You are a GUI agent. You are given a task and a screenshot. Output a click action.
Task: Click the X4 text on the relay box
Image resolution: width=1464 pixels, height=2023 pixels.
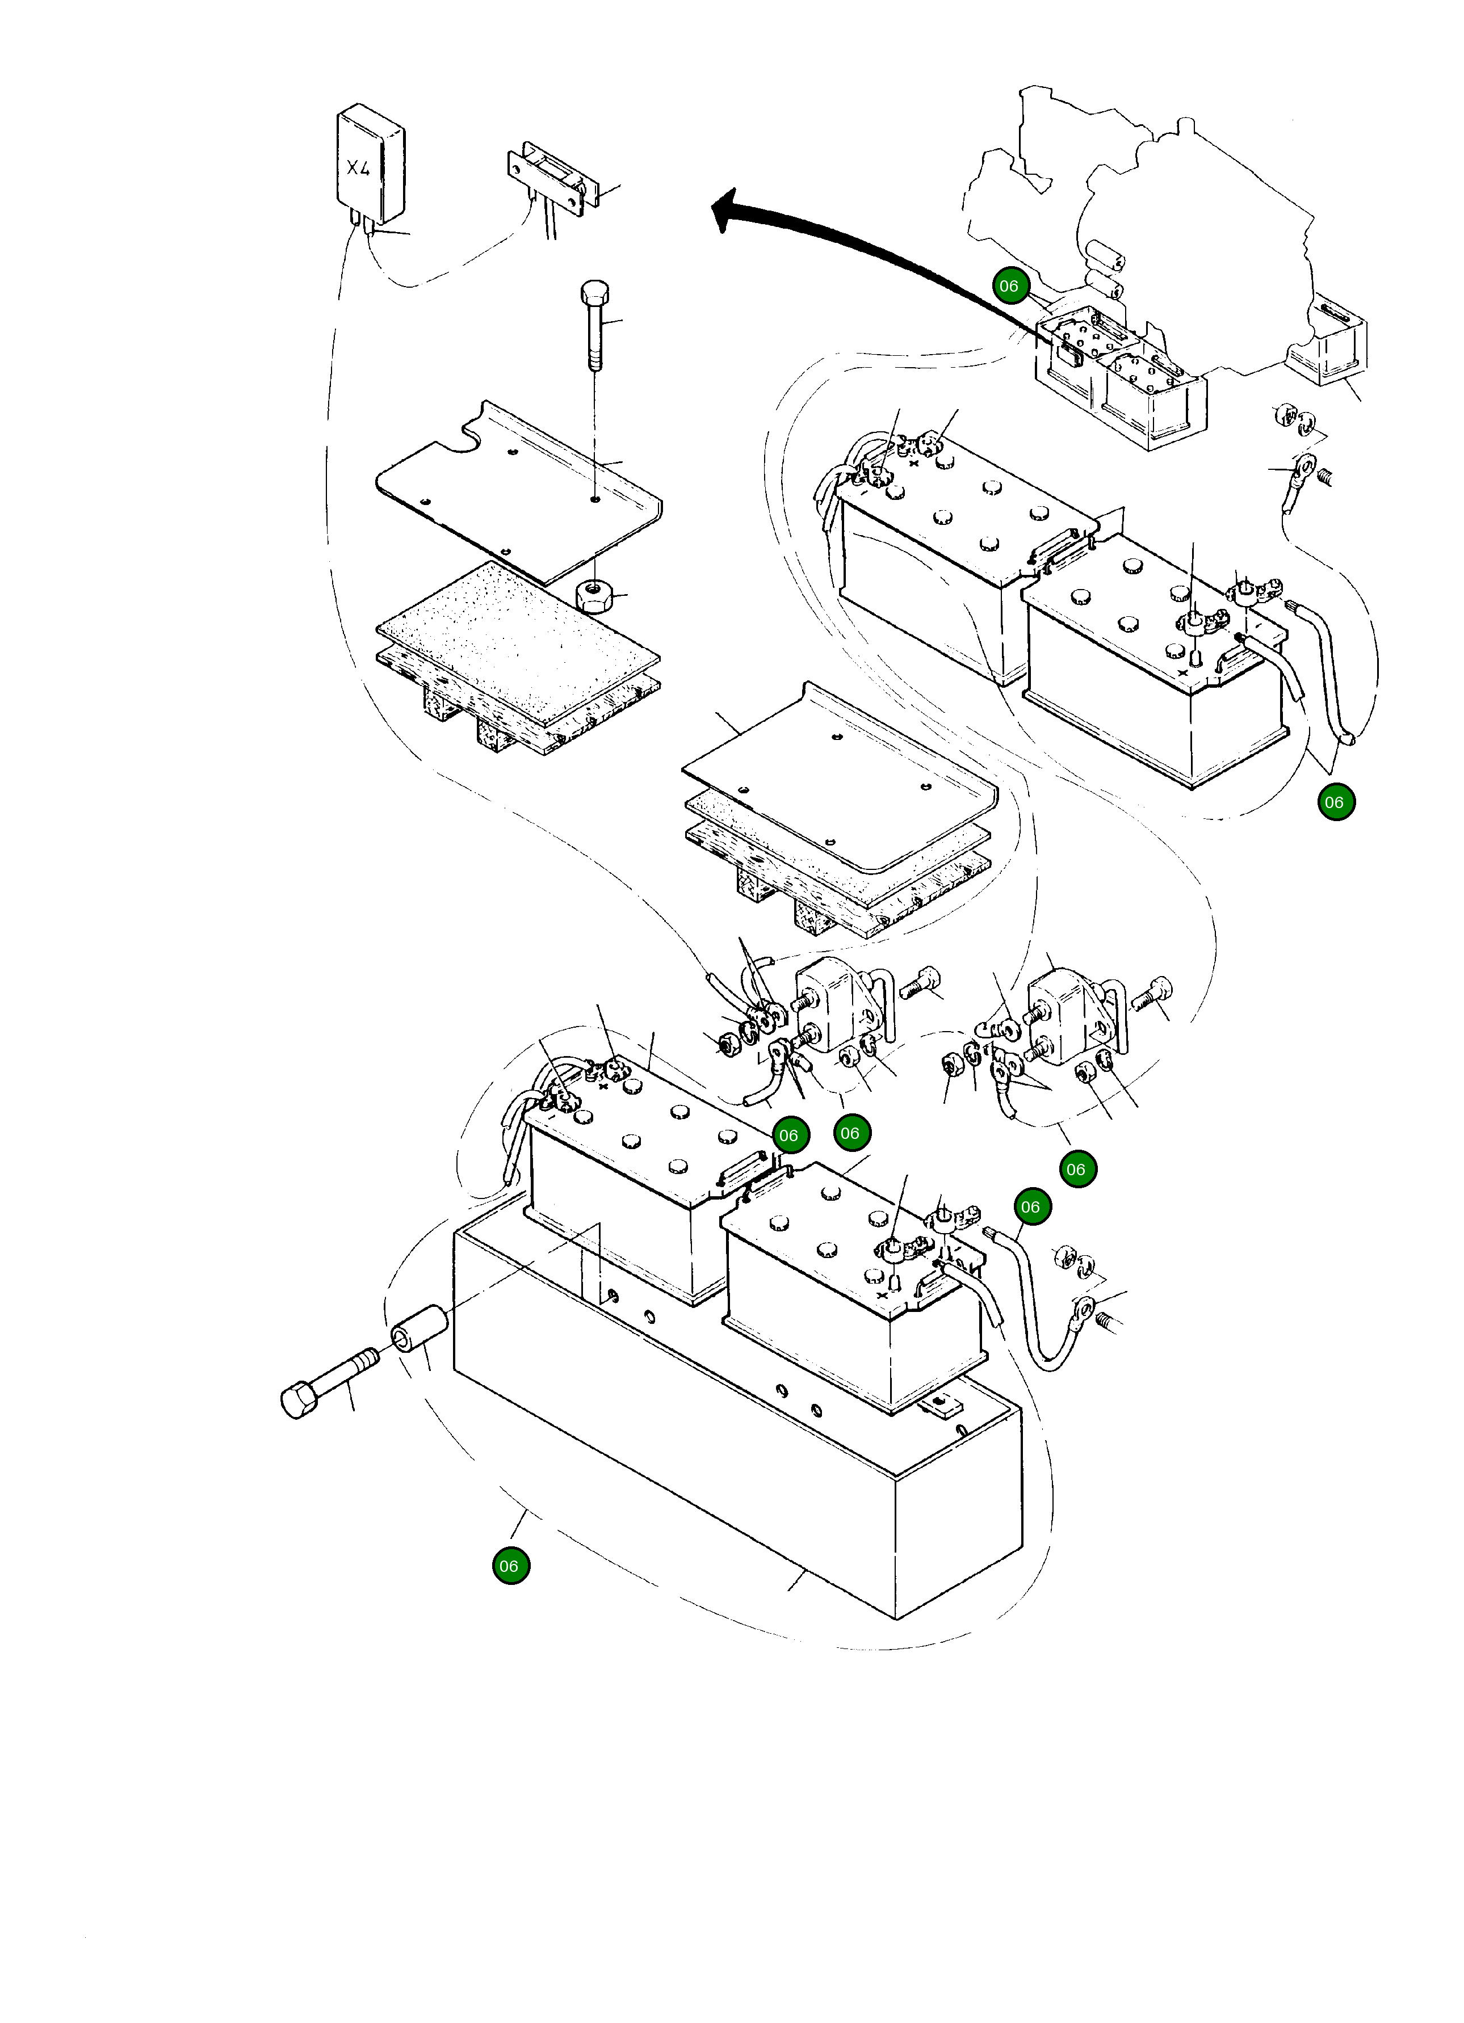(359, 168)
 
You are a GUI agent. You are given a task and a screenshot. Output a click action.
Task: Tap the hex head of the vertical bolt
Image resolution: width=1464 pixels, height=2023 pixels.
(595, 293)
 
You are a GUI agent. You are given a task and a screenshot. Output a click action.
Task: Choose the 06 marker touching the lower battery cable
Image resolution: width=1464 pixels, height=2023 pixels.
(1032, 1208)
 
